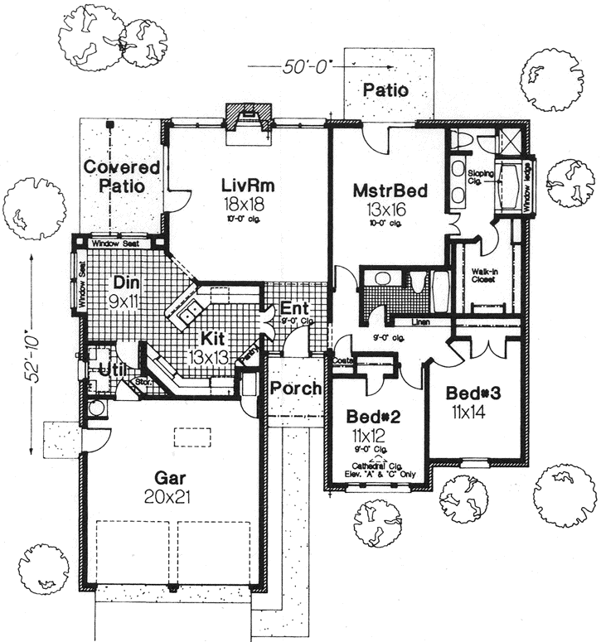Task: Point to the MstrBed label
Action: click(389, 192)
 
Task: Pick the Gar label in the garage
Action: click(174, 477)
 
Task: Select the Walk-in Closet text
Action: click(483, 275)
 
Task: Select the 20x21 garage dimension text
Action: click(174, 497)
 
